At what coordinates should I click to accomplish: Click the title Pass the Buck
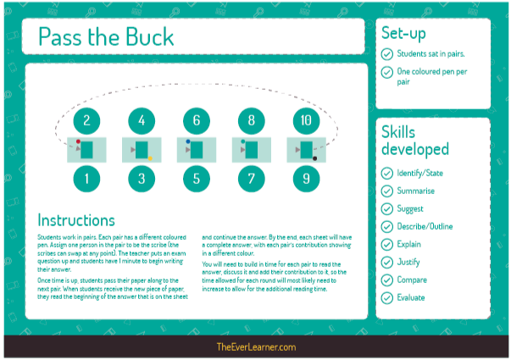click(x=106, y=37)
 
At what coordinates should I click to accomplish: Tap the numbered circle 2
click(x=86, y=120)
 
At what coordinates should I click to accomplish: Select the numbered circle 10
click(x=306, y=120)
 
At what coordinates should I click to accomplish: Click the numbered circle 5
click(x=197, y=178)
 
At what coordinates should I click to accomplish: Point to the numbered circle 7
click(x=252, y=178)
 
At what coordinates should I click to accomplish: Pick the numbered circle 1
click(x=86, y=178)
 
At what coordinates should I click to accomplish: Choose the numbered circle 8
click(x=252, y=120)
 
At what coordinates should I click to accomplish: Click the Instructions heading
click(x=75, y=220)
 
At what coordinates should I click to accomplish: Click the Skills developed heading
click(x=415, y=141)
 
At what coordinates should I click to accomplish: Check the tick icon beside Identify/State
click(x=386, y=173)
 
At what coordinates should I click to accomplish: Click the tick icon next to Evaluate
click(x=386, y=297)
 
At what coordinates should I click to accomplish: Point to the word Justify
click(x=408, y=262)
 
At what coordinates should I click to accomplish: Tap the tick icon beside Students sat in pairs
click(x=386, y=54)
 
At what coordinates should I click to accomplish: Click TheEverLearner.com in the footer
click(x=255, y=347)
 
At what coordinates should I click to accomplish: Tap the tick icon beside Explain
click(x=386, y=244)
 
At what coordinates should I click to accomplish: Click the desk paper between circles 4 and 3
click(x=142, y=150)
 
